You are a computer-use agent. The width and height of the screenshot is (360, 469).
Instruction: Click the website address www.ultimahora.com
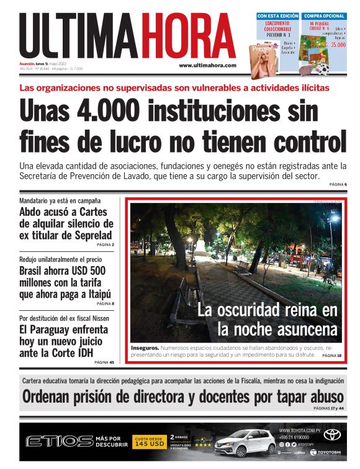[x=207, y=65]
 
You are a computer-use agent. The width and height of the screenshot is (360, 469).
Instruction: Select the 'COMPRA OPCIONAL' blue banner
[x=323, y=16]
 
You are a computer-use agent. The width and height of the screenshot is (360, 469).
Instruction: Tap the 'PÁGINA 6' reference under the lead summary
[x=338, y=185]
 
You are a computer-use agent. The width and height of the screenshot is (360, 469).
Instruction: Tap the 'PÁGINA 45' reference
[x=104, y=362]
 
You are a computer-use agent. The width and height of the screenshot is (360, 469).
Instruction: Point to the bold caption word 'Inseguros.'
[x=145, y=348]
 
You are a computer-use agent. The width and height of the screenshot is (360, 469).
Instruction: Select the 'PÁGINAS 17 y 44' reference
[x=329, y=408]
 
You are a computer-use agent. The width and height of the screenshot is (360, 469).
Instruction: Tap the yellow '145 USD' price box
[x=148, y=444]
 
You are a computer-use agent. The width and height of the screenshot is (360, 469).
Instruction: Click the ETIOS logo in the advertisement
[x=59, y=441]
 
